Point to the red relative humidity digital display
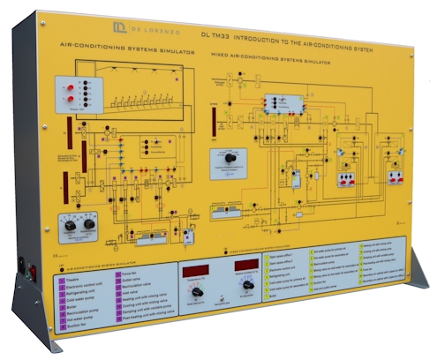point(246,266)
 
